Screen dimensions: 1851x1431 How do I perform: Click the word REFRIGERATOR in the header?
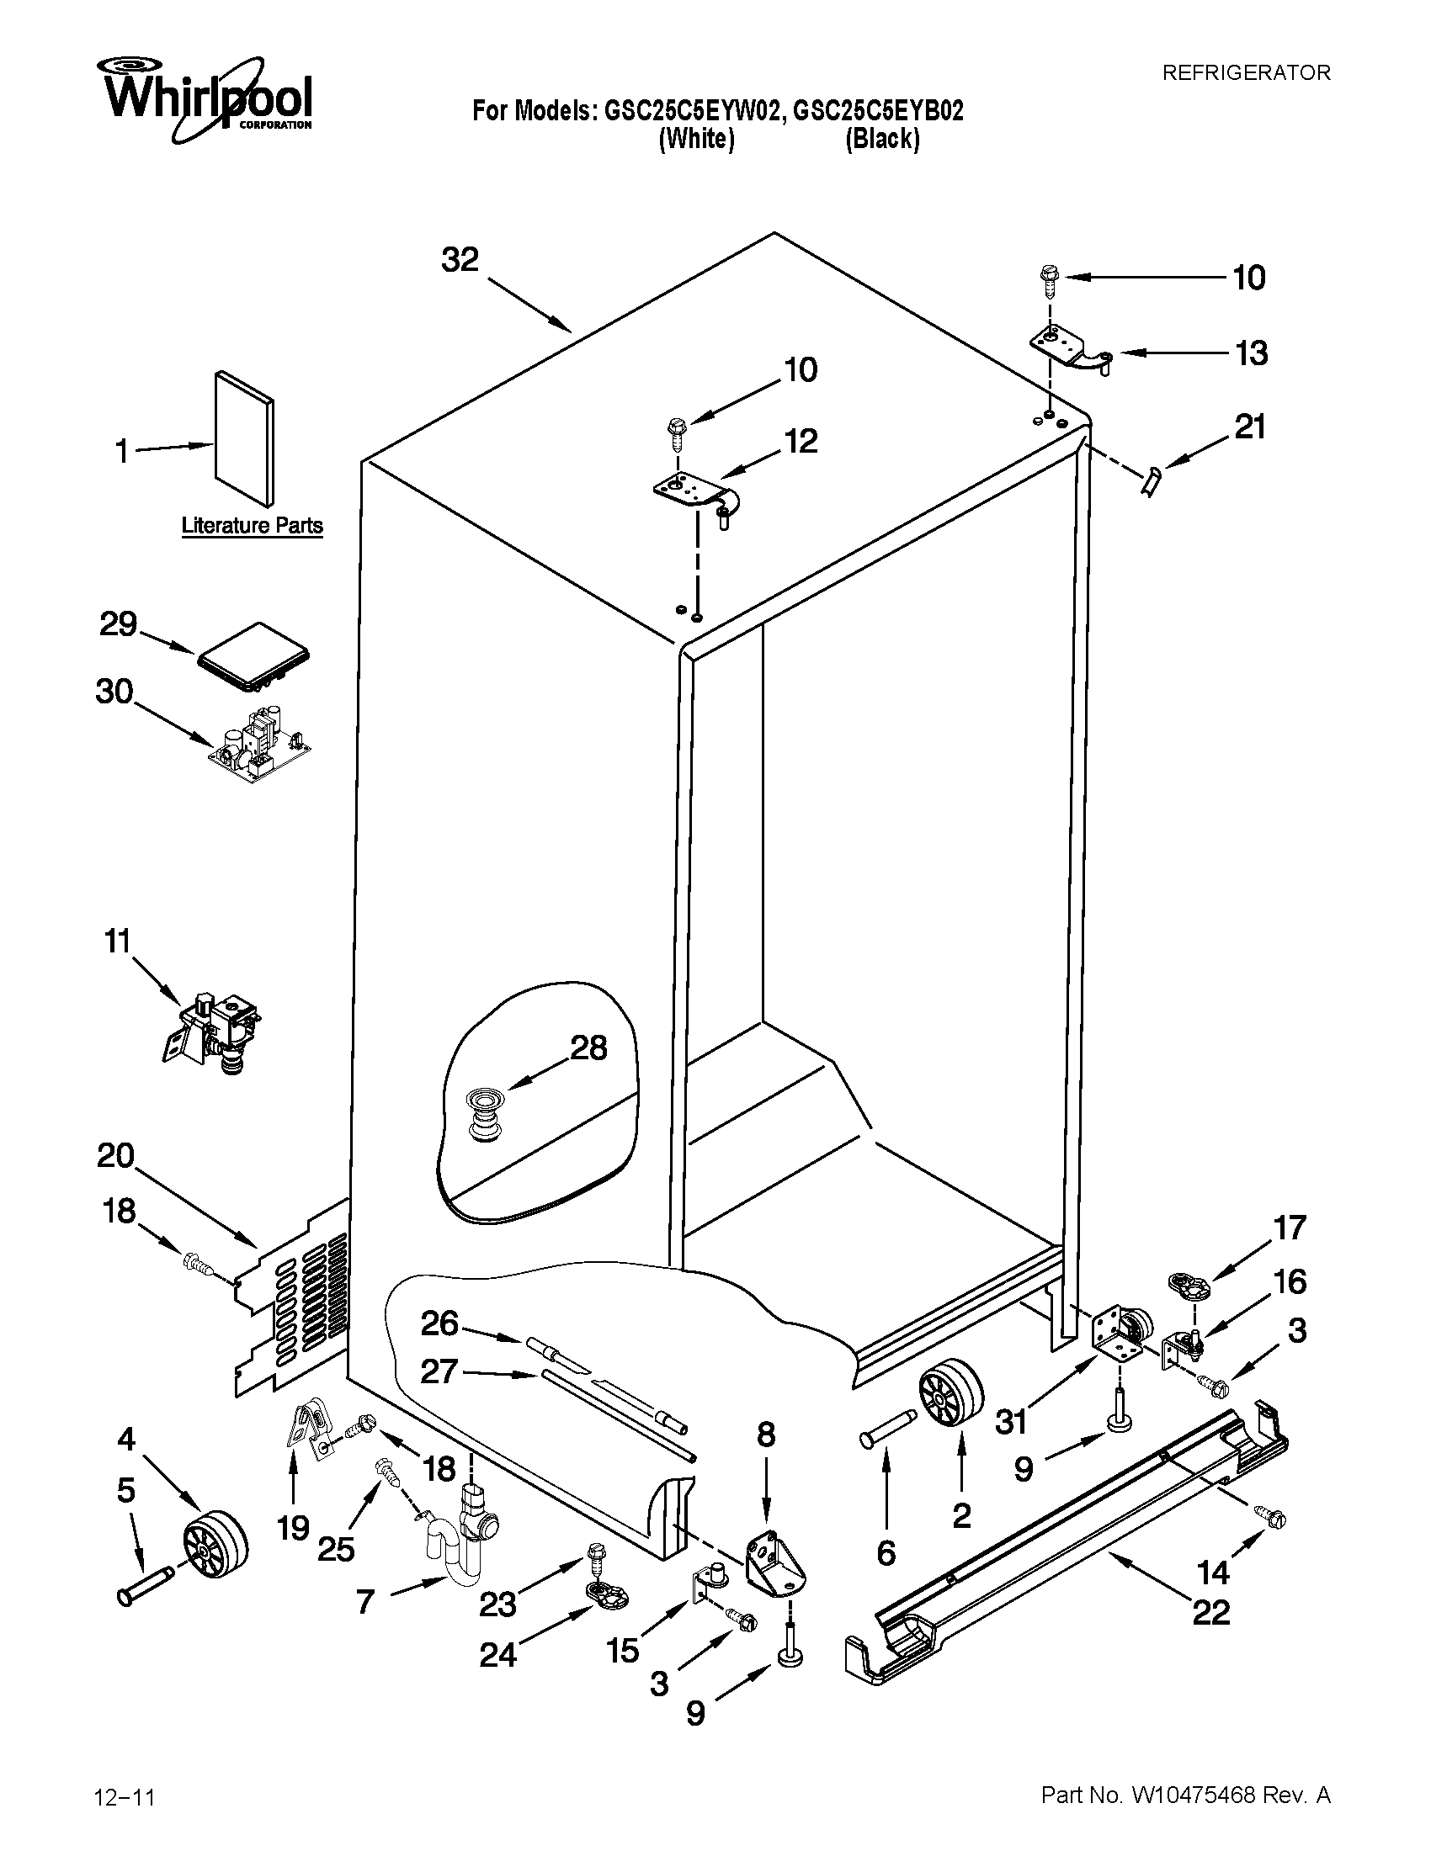coord(1245,73)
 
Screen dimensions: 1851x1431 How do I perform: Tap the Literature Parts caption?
coord(252,526)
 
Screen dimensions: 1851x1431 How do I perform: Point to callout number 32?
coord(460,259)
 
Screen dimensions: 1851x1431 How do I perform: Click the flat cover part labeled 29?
coord(253,656)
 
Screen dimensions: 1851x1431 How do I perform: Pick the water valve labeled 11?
coord(214,1030)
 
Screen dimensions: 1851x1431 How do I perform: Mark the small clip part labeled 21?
coord(1152,483)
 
